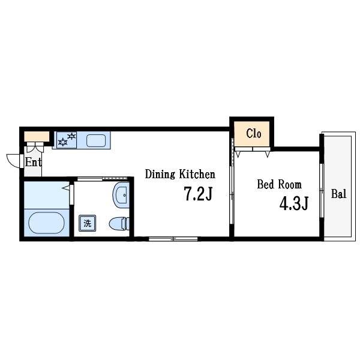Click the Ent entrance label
34,162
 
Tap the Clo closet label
254,133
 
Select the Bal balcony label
338,194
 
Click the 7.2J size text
198,194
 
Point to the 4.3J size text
294,203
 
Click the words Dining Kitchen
180,174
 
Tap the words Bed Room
279,185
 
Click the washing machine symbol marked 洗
87,223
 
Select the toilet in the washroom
119,224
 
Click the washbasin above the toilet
121,195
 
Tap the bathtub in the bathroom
46,223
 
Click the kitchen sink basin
96,140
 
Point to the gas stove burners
67,140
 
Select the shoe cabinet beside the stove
37,136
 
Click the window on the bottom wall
173,239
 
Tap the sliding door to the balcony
322,190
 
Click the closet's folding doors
253,152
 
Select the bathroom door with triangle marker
71,194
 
